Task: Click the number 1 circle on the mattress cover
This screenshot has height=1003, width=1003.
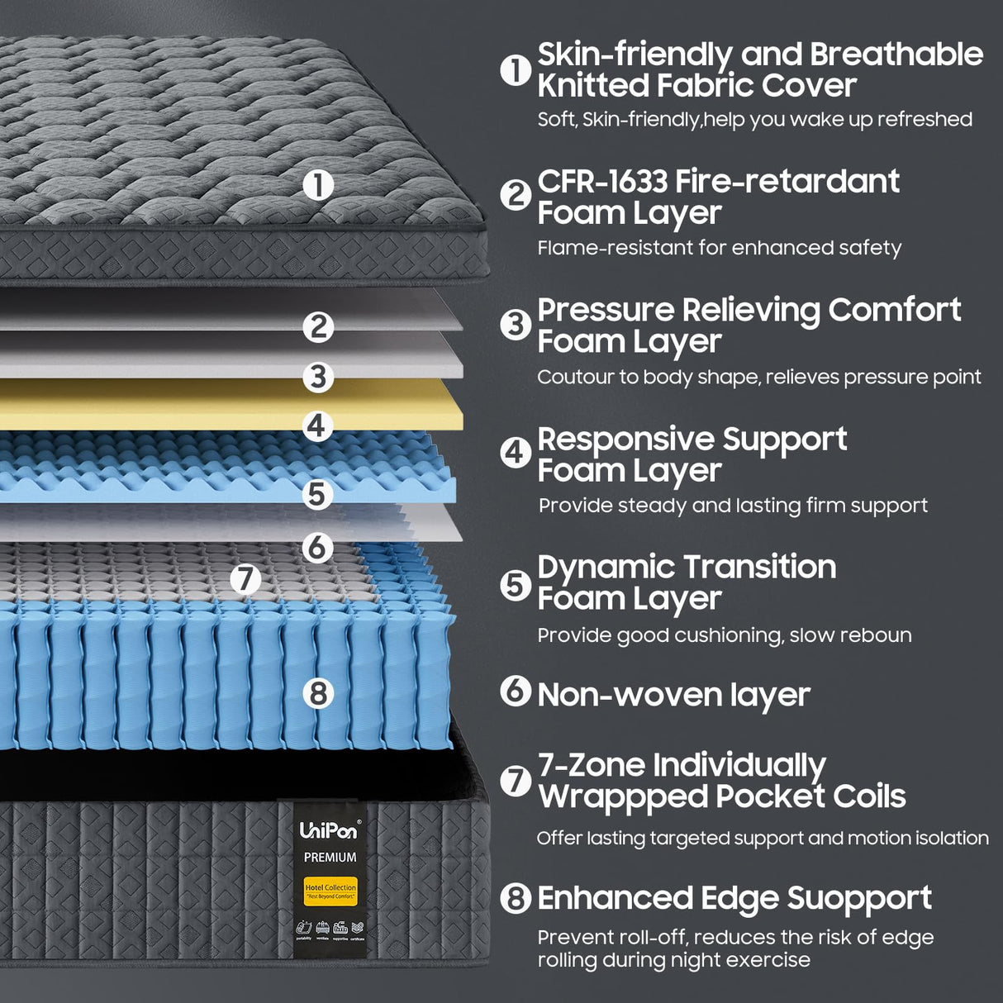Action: pyautogui.click(x=318, y=185)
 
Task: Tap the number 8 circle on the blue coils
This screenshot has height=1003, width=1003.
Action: pyautogui.click(x=318, y=692)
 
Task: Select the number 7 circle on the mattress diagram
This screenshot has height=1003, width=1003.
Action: pyautogui.click(x=245, y=578)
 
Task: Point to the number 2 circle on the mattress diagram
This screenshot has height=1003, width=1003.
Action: pyautogui.click(x=318, y=327)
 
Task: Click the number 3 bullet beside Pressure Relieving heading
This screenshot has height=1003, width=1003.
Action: pyautogui.click(x=516, y=324)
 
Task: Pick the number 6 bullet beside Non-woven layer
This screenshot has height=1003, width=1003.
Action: pyautogui.click(x=516, y=690)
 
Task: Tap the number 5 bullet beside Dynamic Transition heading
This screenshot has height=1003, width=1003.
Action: pyautogui.click(x=516, y=585)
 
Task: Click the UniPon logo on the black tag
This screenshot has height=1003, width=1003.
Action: pyautogui.click(x=329, y=829)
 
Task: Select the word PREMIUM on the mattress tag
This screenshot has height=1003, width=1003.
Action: pyautogui.click(x=330, y=858)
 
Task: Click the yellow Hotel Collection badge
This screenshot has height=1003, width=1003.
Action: pyautogui.click(x=330, y=891)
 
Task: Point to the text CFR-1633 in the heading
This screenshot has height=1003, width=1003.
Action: pyautogui.click(x=602, y=182)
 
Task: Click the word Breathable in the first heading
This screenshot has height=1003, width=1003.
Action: pyautogui.click(x=896, y=55)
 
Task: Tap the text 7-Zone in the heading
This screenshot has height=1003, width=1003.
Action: pyautogui.click(x=590, y=765)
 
